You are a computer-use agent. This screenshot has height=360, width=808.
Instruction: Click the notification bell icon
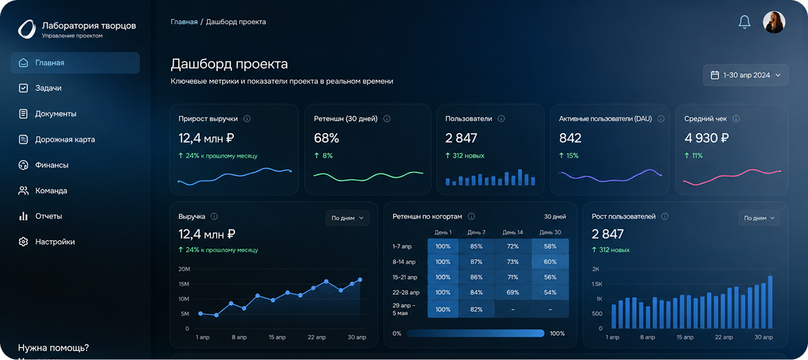point(744,22)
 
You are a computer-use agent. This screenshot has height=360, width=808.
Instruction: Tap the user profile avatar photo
point(774,22)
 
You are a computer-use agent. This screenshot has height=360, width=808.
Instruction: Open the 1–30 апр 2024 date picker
point(746,75)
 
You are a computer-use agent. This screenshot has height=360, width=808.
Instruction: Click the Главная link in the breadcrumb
point(184,22)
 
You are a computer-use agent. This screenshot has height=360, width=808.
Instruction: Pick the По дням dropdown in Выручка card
point(347,218)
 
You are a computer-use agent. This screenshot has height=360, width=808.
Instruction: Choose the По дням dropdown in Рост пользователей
point(759,218)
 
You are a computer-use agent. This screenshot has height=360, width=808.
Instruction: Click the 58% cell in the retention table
point(550,246)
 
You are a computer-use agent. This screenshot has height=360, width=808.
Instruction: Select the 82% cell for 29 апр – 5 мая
point(476,310)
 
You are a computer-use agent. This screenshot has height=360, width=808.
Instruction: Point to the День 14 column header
point(513,232)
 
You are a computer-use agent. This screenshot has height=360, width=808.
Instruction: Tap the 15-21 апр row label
point(405,277)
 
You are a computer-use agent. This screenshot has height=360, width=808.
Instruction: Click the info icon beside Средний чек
point(736,118)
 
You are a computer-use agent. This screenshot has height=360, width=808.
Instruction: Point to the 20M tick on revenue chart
point(184,269)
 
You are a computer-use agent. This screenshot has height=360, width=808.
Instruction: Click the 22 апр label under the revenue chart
point(316,337)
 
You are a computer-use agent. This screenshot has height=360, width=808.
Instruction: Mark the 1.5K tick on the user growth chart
point(597,284)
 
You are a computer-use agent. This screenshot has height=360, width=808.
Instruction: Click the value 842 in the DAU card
point(570,138)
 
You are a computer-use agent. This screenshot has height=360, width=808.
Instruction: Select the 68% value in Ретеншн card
point(326,138)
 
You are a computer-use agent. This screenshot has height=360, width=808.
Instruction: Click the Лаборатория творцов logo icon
point(27,29)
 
